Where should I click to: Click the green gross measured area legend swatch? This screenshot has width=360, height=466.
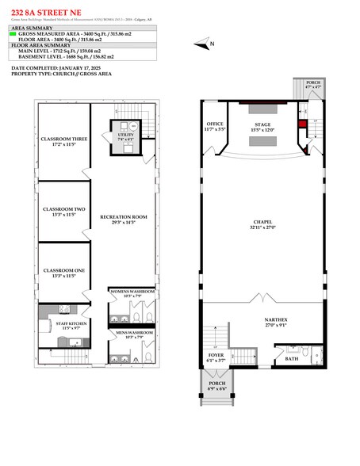pyautogui.click(x=13, y=35)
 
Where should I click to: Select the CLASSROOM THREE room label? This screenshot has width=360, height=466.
pyautogui.click(x=63, y=141)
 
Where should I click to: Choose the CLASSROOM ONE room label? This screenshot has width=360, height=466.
pyautogui.click(x=63, y=272)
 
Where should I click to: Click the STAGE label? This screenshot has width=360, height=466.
pyautogui.click(x=262, y=125)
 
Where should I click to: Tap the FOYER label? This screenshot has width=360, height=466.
pyautogui.click(x=216, y=356)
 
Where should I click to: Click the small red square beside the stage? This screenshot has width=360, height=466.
pyautogui.click(x=302, y=124)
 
